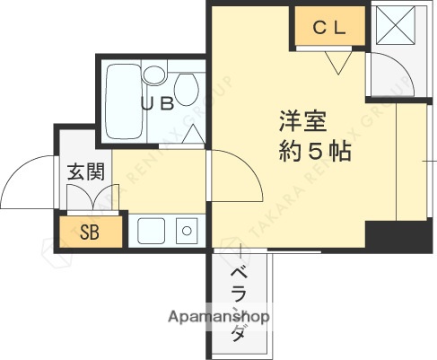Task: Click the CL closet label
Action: coord(328,28)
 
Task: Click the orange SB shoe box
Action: coord(91,231)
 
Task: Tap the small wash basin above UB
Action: coord(153,73)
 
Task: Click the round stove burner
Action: coord(187,231)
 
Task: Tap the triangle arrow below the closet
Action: coord(339,63)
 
